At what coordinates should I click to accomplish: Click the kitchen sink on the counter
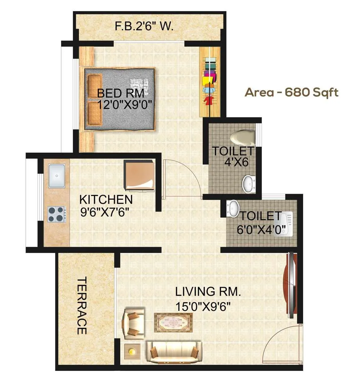click(x=57, y=176)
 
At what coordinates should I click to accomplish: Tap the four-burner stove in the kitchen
click(x=57, y=214)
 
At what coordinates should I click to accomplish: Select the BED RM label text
click(x=121, y=93)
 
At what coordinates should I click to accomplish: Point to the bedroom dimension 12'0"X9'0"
click(x=125, y=105)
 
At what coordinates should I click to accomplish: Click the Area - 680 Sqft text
click(x=292, y=92)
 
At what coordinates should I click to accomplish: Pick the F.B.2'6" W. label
click(x=144, y=27)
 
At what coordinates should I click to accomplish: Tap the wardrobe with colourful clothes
click(x=210, y=82)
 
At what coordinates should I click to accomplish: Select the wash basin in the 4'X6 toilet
click(x=248, y=183)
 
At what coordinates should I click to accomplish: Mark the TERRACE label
click(x=82, y=306)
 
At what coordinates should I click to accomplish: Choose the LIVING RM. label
click(x=207, y=291)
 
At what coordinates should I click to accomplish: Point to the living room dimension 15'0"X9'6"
click(x=203, y=306)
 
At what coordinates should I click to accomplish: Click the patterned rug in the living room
click(x=173, y=322)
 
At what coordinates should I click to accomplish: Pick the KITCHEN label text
click(x=106, y=199)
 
